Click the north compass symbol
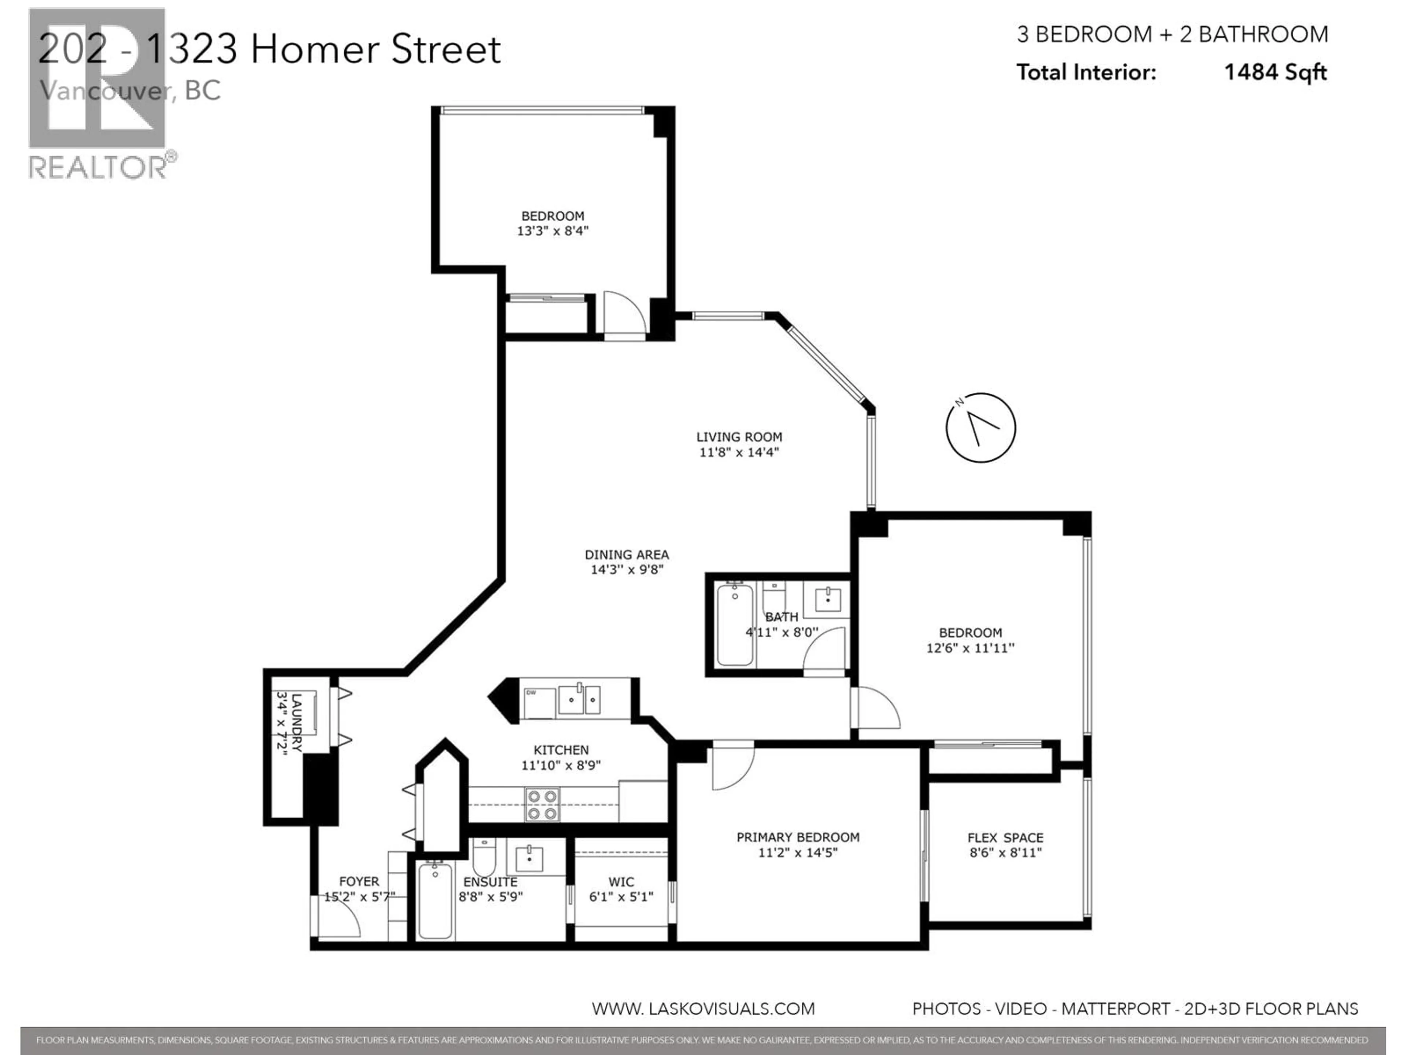(980, 427)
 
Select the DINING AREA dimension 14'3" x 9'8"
(627, 570)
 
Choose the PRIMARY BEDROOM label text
(798, 837)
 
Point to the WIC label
(621, 882)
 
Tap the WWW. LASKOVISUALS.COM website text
(703, 1008)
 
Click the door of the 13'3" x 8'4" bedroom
(623, 315)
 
